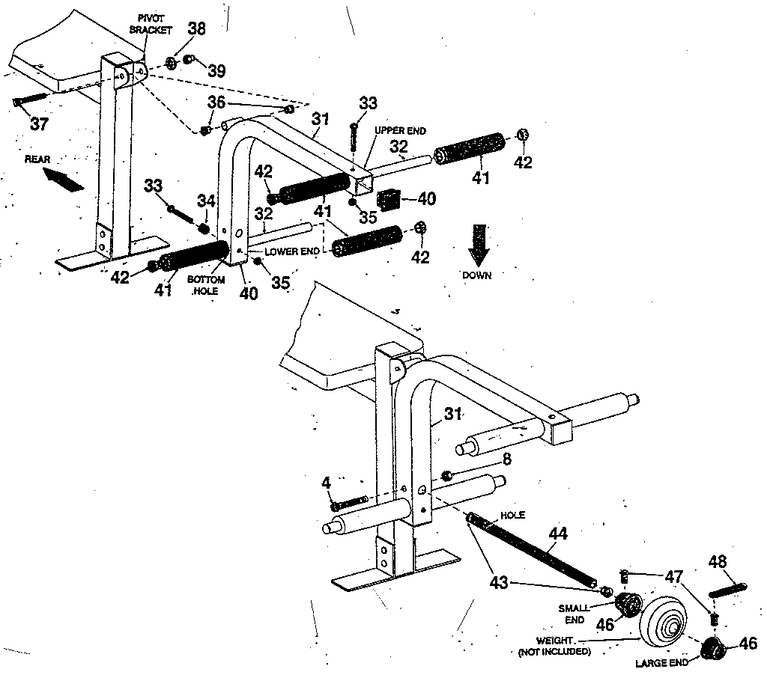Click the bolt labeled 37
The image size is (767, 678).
coord(29,100)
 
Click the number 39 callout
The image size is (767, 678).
coord(216,70)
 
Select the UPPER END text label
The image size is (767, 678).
coord(400,130)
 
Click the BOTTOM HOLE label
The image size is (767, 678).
coord(211,284)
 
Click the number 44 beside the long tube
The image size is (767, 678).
coord(558,534)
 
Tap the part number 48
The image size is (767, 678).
coord(717,562)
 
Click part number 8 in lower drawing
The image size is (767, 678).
coord(507,459)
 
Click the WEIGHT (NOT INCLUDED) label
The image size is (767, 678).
coord(554,646)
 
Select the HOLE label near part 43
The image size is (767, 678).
coord(515,515)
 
